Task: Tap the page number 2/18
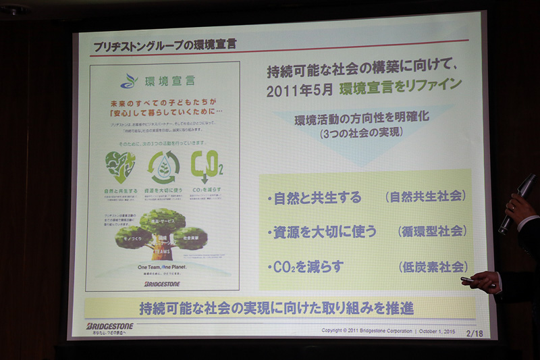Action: (x=475, y=333)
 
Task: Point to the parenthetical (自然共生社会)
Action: (x=426, y=197)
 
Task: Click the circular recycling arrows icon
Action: (x=163, y=167)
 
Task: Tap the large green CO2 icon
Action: (x=207, y=165)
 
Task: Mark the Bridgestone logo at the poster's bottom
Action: (x=163, y=284)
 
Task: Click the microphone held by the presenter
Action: (x=516, y=203)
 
